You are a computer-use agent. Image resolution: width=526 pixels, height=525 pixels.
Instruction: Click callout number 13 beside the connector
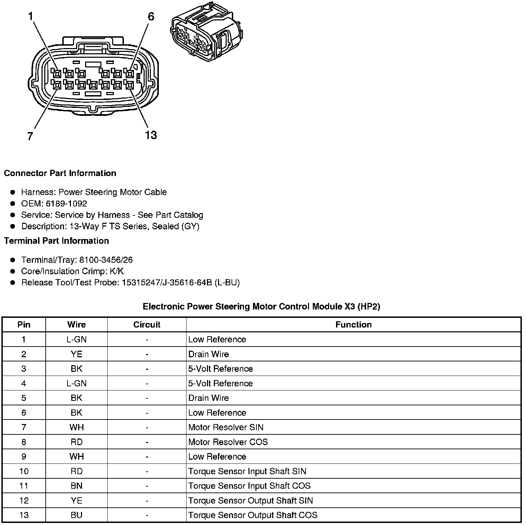pos(151,135)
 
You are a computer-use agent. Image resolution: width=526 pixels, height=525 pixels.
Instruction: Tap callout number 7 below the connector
pos(30,136)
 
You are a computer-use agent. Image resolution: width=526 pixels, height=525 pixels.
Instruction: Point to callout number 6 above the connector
pos(151,16)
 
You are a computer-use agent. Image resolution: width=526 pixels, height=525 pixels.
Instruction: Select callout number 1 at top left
pos(31,16)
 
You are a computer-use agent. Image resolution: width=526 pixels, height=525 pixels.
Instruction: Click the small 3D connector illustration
pos(207,33)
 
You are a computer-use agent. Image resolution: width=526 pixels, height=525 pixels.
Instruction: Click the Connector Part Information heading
pos(60,173)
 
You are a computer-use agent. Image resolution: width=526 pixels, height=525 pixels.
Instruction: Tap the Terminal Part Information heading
pos(56,241)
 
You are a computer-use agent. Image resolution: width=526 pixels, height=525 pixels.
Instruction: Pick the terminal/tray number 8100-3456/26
pos(106,260)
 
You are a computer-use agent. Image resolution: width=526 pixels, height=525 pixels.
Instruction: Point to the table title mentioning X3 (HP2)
pos(261,306)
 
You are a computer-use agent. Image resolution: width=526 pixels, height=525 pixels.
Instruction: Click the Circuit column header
pos(147,324)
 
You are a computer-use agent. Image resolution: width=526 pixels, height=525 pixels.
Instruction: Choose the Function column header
pos(353,324)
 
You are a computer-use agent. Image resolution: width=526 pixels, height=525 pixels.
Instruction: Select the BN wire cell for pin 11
pos(76,486)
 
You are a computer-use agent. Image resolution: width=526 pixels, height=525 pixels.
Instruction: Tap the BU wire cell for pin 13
pos(76,515)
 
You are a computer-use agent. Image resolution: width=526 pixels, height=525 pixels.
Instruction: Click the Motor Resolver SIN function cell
pos(226,427)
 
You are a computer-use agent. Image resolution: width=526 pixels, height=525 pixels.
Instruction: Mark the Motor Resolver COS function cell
pos(228,442)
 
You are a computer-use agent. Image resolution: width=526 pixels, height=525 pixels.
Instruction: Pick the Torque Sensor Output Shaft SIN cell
pos(250,500)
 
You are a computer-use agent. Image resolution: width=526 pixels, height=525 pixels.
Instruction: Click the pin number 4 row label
pos(24,383)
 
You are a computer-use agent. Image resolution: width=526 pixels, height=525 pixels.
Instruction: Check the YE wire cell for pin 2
pos(76,354)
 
